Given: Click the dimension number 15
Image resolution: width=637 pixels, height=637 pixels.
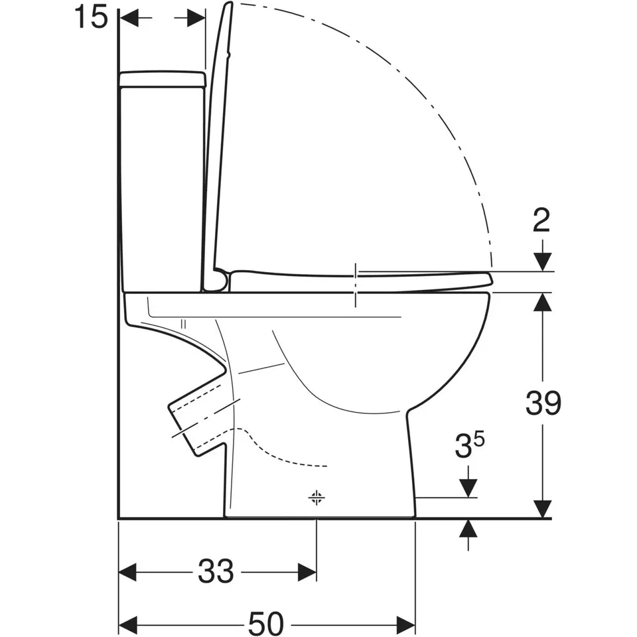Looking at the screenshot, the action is pos(91,17).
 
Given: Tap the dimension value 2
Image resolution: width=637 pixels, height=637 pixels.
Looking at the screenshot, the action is pos(542,220).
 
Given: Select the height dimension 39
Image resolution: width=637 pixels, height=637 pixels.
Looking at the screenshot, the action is pos(543,403).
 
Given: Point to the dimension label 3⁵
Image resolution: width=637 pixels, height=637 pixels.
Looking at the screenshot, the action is pos(470,446).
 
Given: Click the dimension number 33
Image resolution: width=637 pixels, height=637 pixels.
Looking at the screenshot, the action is pos(216,571).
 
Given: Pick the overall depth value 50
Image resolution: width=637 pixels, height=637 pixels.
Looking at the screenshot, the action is pos(266,623).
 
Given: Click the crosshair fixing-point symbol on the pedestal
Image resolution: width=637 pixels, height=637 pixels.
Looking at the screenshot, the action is pos(317,497).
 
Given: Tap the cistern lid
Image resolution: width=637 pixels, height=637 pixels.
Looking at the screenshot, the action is pos(163,79).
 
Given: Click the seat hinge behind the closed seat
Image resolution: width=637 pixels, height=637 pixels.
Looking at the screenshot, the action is pos(220,279).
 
